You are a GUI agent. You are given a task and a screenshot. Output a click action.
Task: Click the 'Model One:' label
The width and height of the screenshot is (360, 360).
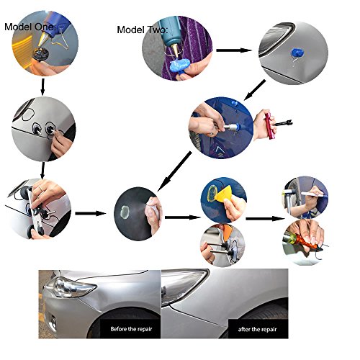(x=30, y=27)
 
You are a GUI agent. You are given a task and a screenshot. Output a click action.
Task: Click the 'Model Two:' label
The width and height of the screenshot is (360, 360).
(x=143, y=30)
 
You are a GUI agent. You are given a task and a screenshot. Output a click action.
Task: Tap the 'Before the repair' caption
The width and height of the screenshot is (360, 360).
(x=131, y=329)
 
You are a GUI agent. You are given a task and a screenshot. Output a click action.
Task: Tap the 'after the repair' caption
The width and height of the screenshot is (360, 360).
(x=257, y=329)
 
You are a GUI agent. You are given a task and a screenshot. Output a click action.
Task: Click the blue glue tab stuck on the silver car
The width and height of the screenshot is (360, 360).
(x=297, y=53)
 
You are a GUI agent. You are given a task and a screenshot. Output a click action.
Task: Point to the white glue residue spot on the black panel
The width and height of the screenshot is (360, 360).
(x=125, y=212)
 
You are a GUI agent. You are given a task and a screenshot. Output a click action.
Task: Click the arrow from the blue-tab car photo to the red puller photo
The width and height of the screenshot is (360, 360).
(x=254, y=90)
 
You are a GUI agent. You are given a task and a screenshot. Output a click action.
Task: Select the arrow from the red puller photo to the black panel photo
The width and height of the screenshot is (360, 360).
(x=174, y=171)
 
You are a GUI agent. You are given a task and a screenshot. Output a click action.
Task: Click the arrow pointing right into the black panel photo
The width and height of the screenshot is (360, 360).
(x=91, y=213)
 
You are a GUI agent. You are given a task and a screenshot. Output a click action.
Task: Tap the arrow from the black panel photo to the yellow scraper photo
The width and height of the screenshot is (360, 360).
(x=182, y=217)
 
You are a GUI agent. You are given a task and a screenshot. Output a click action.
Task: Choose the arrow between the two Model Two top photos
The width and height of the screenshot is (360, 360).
(x=234, y=50)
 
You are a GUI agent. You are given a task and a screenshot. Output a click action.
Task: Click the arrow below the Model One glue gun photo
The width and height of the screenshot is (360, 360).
(x=42, y=86)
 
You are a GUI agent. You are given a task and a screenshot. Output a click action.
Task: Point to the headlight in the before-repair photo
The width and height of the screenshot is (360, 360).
(x=70, y=287)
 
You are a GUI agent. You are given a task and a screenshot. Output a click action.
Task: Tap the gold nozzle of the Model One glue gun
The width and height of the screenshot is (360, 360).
(x=44, y=40)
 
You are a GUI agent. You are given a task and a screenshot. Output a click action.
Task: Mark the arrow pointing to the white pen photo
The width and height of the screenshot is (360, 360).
(x=265, y=219)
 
